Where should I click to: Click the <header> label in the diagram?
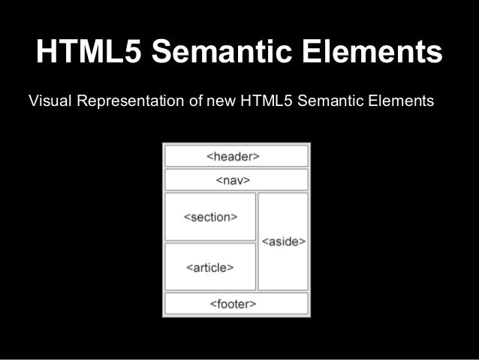pos(233,156)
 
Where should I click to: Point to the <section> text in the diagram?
pos(210,217)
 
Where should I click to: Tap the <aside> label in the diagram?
pos(283,241)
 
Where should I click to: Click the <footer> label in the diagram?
pos(233,304)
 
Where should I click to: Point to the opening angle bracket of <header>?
pos(210,156)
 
